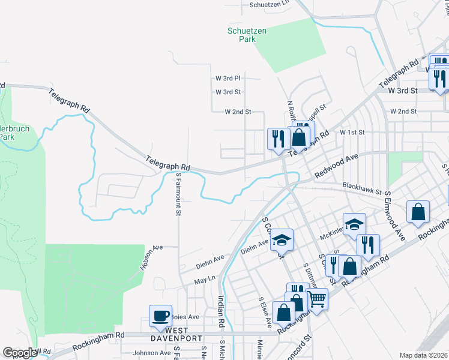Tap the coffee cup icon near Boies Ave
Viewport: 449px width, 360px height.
(x=160, y=315)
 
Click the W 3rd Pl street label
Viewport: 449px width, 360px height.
(x=228, y=78)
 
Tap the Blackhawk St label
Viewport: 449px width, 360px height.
(x=363, y=190)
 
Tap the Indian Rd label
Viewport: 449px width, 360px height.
(x=221, y=312)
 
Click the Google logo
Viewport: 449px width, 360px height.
(x=20, y=353)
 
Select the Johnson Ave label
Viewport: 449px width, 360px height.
(x=152, y=353)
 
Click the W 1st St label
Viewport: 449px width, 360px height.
(x=352, y=131)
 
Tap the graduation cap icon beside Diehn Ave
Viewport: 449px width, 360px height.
(x=280, y=239)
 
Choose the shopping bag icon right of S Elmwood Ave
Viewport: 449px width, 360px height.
(x=418, y=211)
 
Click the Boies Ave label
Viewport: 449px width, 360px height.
(x=185, y=316)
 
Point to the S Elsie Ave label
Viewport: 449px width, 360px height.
(x=265, y=312)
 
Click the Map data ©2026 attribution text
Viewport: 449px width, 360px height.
(x=423, y=355)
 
